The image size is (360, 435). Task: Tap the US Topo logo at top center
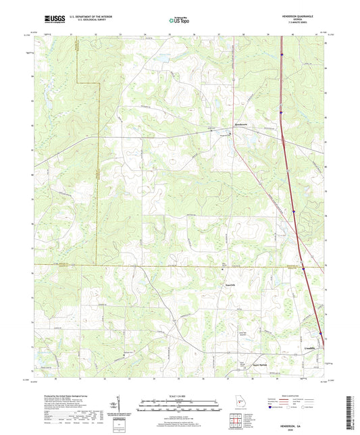click(x=179, y=20)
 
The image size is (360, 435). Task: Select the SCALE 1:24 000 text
click(x=179, y=396)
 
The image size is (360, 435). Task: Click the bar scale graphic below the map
click(x=179, y=407)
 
